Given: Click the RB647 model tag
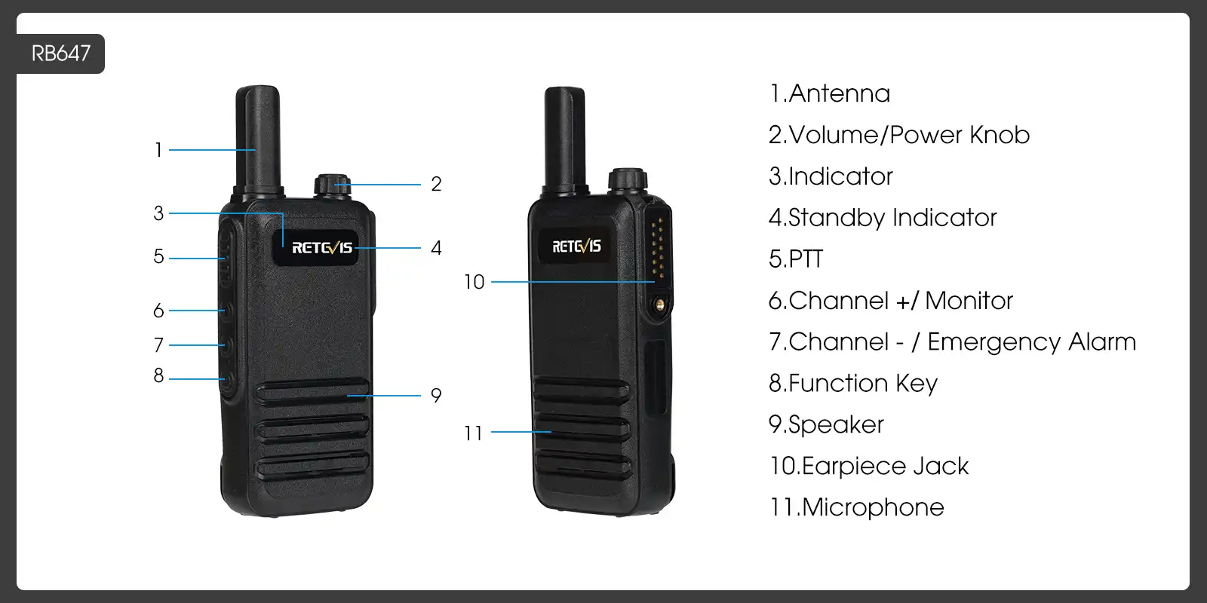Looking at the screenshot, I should click(60, 54).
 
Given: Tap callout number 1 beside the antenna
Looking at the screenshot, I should click(158, 150).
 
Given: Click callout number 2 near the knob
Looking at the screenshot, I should click(436, 184).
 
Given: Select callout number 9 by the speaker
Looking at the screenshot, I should click(436, 395).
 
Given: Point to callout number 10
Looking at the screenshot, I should click(474, 282).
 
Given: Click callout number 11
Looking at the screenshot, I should click(473, 433).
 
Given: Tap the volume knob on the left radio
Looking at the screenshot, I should click(332, 185).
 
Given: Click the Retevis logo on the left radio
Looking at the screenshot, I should click(322, 248).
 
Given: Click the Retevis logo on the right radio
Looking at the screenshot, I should click(576, 246).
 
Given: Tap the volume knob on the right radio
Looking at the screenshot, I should click(628, 179).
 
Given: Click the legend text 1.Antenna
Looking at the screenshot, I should click(829, 93).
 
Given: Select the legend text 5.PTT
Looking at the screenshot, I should click(795, 259).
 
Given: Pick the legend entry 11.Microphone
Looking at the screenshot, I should click(856, 507).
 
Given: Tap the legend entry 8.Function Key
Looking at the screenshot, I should click(852, 384).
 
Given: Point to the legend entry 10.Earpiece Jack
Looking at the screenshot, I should click(868, 466).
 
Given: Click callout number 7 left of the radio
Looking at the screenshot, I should click(158, 345).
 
